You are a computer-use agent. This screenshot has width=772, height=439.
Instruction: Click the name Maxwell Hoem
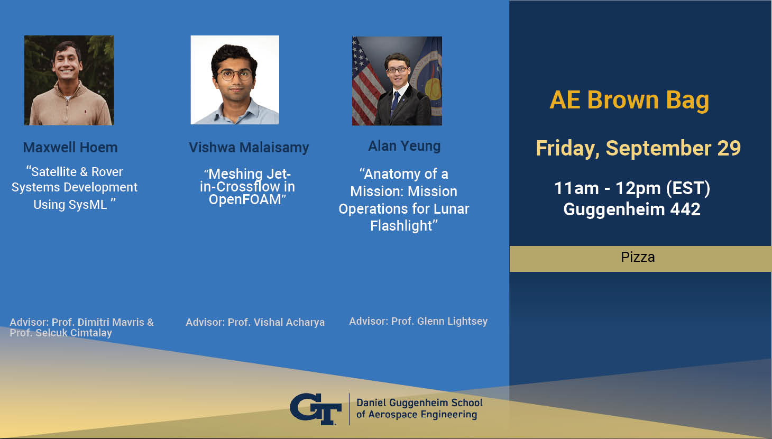pyautogui.click(x=70, y=148)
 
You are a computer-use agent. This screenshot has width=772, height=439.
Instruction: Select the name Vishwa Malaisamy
pyautogui.click(x=249, y=148)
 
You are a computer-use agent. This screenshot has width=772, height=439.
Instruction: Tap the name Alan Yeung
pyautogui.click(x=405, y=146)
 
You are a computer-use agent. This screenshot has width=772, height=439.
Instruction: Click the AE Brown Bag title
pyautogui.click(x=629, y=100)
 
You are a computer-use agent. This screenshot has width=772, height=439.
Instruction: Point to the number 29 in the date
pyautogui.click(x=729, y=148)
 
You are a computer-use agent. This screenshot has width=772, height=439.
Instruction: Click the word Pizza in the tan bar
pyautogui.click(x=638, y=257)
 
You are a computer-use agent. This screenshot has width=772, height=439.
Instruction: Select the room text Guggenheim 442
pyautogui.click(x=632, y=209)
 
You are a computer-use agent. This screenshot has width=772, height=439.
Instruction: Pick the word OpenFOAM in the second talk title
pyautogui.click(x=245, y=200)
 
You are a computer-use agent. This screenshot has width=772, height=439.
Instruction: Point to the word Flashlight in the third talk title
pyautogui.click(x=401, y=226)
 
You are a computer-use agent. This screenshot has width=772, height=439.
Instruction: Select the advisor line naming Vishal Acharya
pyautogui.click(x=255, y=323)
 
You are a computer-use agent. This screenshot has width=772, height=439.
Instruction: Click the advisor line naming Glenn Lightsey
pyautogui.click(x=418, y=322)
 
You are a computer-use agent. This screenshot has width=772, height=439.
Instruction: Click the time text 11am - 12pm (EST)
pyautogui.click(x=632, y=188)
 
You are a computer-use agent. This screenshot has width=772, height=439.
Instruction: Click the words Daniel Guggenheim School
pyautogui.click(x=419, y=403)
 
